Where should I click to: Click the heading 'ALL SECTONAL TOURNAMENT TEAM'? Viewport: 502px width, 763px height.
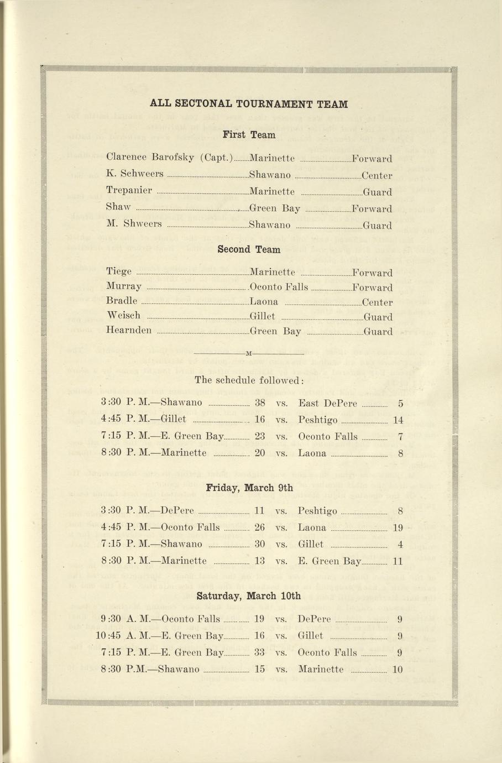249,104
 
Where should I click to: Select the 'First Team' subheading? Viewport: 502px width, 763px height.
249,135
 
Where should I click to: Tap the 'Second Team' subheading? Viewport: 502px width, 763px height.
249,249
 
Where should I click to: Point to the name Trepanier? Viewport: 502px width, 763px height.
129,191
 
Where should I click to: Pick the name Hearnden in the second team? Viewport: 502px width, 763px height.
129,331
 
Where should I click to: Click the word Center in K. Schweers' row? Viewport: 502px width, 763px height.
376,176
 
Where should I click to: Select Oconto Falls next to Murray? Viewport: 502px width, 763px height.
279,287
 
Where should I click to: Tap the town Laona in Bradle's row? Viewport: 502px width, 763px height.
264,302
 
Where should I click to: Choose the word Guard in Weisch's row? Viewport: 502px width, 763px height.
378,317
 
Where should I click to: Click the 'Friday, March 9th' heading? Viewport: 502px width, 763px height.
249,488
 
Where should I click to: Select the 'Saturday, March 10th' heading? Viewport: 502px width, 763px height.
249,596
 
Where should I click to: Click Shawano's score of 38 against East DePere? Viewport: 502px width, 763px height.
259,403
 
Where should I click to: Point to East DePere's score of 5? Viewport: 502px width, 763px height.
400,404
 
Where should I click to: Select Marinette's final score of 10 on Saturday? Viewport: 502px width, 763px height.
398,670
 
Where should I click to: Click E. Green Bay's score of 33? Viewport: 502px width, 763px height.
259,652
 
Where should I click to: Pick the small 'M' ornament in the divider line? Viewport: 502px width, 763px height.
248,353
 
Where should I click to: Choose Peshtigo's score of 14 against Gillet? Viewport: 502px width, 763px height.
398,420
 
